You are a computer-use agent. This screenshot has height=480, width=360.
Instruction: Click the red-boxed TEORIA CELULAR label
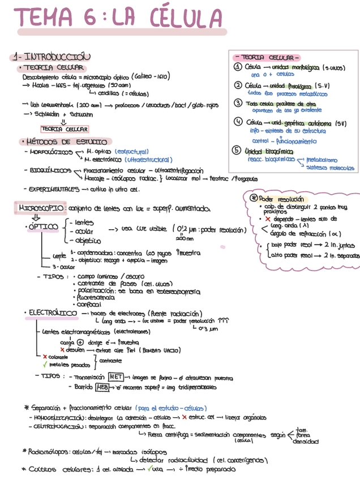pos(64,129)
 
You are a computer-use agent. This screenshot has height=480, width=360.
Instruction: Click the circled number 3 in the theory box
pos(238,103)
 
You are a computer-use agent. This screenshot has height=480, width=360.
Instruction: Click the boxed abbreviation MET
pos(116,377)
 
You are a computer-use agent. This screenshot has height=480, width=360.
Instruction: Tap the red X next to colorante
pos(45,357)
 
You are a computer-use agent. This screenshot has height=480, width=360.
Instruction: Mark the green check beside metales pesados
pos(45,365)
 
